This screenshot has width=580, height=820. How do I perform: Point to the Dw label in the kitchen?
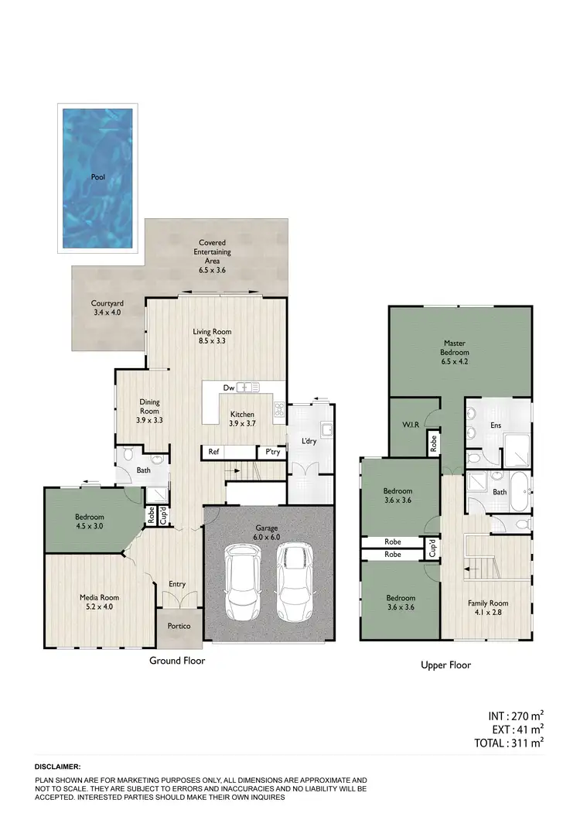(x=228, y=388)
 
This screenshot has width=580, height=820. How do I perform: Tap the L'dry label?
(x=308, y=441)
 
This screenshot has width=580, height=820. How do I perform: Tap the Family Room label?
(x=488, y=603)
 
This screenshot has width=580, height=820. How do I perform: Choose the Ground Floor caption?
(x=177, y=661)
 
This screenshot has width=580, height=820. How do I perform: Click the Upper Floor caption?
(x=445, y=665)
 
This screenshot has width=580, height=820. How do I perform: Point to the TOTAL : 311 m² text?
(x=508, y=743)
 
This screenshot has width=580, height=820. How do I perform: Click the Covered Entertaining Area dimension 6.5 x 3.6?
(x=212, y=270)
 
